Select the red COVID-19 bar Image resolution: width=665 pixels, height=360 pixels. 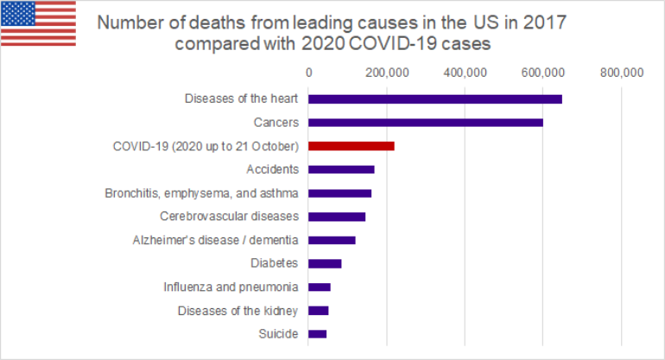[351, 146]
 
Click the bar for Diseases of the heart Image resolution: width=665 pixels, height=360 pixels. [435, 98]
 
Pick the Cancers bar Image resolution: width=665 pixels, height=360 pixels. [426, 123]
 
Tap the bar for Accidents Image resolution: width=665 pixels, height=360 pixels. [341, 169]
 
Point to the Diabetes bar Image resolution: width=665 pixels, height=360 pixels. [325, 263]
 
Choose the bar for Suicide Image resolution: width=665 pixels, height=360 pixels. [318, 334]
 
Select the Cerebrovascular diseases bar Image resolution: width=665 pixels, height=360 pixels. [337, 217]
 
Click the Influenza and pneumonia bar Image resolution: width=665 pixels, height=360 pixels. [320, 287]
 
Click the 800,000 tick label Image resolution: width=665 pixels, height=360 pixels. [621, 73]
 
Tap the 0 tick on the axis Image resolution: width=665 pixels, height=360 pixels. [308, 73]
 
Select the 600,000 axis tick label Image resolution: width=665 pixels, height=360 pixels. [542, 73]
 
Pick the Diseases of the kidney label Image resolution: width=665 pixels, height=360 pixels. [237, 311]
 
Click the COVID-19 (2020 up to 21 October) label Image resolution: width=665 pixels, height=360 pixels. [206, 146]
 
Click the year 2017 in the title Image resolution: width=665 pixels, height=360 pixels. [546, 22]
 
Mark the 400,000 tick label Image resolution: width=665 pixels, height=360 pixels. [465, 73]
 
